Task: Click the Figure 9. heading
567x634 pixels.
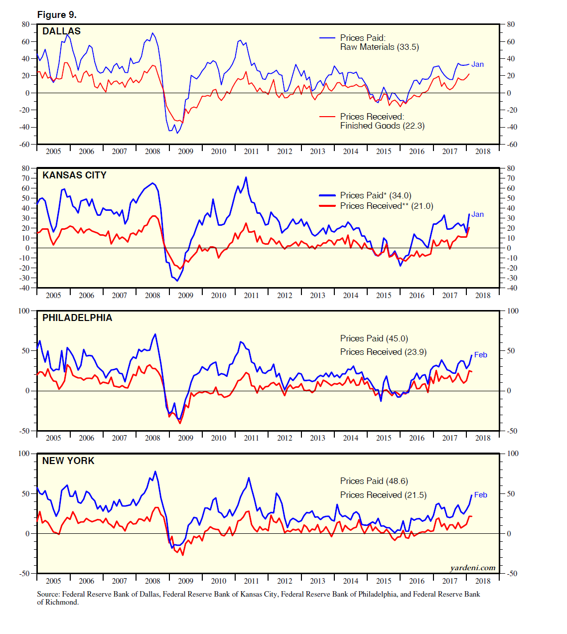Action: [57, 14]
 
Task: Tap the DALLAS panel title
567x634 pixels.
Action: [61, 31]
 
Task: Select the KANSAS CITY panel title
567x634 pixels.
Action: [74, 175]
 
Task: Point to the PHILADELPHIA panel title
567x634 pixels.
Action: [77, 318]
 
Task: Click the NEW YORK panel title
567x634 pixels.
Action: [68, 461]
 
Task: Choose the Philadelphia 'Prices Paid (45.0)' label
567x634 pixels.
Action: [374, 338]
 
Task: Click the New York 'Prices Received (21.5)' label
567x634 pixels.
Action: [383, 495]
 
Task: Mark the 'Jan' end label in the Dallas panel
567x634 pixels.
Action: [477, 64]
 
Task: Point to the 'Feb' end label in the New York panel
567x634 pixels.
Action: [480, 495]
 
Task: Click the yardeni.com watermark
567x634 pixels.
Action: [472, 568]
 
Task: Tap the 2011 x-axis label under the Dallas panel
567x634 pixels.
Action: [251, 152]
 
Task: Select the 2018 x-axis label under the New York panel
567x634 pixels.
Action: [482, 581]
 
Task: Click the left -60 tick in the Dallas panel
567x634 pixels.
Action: [25, 145]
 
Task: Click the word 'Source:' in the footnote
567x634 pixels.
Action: [48, 594]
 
